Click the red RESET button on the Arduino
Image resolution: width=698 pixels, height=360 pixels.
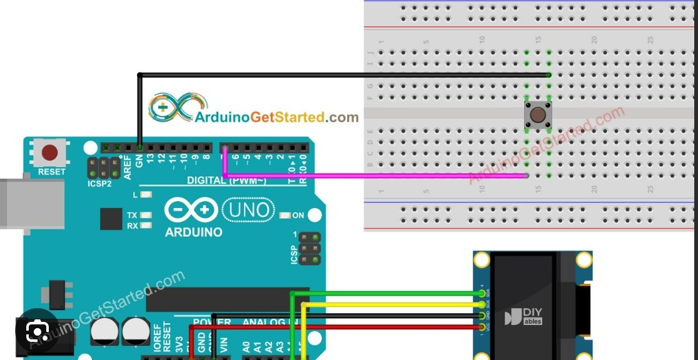pos(49,152)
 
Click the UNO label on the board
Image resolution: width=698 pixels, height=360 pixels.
pos(248,210)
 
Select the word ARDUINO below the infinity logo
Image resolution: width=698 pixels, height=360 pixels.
pos(193,232)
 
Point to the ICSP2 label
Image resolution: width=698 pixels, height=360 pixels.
pos(99,184)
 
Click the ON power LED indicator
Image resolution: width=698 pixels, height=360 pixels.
pos(285,216)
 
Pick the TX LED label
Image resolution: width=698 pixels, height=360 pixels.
pos(132,215)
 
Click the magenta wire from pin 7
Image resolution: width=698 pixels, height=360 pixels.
pos(375,176)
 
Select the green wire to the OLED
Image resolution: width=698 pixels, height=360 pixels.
pos(388,292)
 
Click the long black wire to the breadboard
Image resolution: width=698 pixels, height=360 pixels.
pos(344,75)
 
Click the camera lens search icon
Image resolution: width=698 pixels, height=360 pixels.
pos(38,331)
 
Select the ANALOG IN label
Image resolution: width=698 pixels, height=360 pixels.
pos(270,323)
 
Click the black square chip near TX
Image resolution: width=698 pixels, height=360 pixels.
pos(111,219)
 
